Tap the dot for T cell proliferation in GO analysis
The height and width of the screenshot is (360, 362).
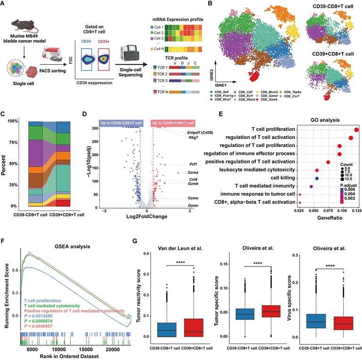click(x=356, y=129)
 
